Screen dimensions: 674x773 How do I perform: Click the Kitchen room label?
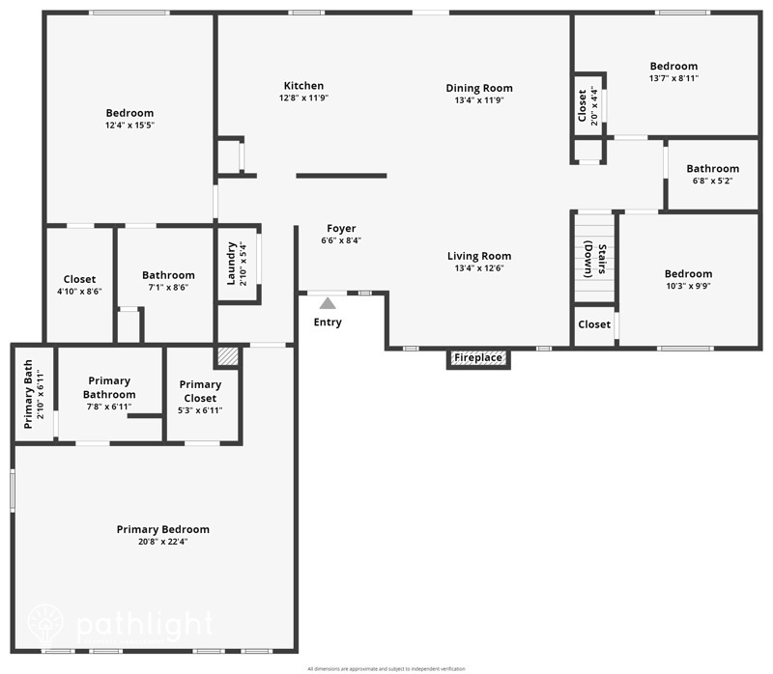[x=303, y=86]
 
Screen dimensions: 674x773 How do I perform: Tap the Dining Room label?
[x=478, y=88]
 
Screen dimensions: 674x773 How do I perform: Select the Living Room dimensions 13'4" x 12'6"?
[x=478, y=268]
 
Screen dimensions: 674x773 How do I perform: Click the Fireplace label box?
[x=478, y=358]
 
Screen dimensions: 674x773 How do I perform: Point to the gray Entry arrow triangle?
[x=328, y=303]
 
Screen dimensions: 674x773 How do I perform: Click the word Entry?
[x=328, y=323]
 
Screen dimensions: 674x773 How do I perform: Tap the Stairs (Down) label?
[x=594, y=258]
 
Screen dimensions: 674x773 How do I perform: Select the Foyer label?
[x=341, y=228]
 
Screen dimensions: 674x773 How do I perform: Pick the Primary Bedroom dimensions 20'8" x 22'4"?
[x=162, y=542]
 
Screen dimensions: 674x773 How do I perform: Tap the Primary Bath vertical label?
[x=29, y=393]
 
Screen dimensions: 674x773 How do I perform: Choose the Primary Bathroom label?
[x=108, y=387]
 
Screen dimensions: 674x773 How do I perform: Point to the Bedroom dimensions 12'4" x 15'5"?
[x=129, y=126]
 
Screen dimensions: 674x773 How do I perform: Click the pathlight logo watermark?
[x=121, y=623]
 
